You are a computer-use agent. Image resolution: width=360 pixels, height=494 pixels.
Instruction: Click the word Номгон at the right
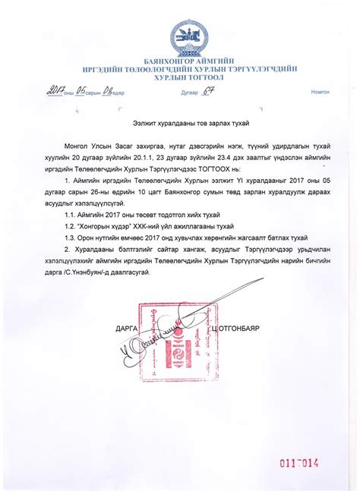320,92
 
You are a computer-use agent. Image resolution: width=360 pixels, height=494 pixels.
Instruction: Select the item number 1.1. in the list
73,216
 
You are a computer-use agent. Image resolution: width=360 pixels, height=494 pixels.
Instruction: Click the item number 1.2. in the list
73,226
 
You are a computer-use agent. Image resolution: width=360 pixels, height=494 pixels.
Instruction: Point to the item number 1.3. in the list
73,237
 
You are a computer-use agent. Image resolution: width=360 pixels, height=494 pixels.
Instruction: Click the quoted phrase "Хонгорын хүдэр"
110,226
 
